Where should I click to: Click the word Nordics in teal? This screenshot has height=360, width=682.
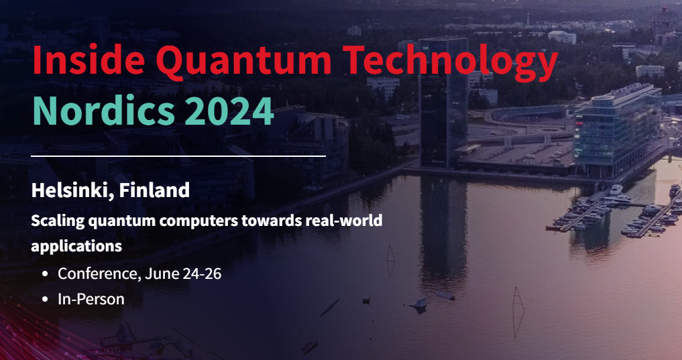94,110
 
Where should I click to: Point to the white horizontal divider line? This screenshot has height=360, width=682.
178,156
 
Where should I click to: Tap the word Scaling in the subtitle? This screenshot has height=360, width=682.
56,221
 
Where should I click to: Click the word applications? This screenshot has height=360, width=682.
76,246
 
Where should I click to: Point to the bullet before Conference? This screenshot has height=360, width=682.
45,274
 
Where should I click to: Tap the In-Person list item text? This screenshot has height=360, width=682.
91,299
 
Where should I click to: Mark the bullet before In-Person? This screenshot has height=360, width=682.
45,300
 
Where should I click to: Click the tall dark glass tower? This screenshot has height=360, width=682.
443,101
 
